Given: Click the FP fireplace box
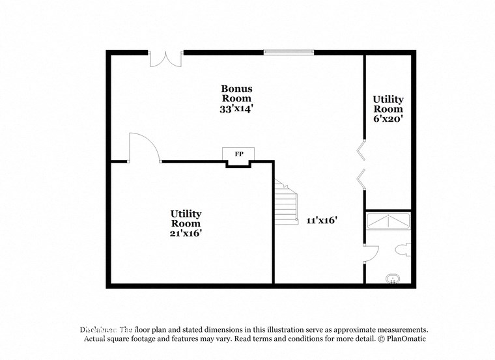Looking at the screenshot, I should coord(239,154).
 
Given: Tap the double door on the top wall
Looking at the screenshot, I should coord(166,58).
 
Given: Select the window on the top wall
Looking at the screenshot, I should coord(289,52).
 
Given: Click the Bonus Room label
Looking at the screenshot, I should coord(236,93).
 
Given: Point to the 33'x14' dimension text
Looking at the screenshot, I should coord(236,109).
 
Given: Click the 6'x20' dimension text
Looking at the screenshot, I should coord(388,119).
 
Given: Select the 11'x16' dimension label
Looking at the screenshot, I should coord(321,220).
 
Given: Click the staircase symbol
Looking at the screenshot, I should coord(285,203).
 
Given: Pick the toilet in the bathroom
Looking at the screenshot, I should coord(403,248).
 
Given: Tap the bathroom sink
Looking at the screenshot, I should coord(392,280).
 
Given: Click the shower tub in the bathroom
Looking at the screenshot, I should coord(388,221).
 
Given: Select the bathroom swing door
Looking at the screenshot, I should coord(371,253).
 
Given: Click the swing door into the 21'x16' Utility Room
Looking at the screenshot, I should coord(144,148).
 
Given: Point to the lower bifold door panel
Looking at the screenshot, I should coord(360,176).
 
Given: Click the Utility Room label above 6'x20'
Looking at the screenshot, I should coord(388,104).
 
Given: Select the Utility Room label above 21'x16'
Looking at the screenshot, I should coord(186,218).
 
